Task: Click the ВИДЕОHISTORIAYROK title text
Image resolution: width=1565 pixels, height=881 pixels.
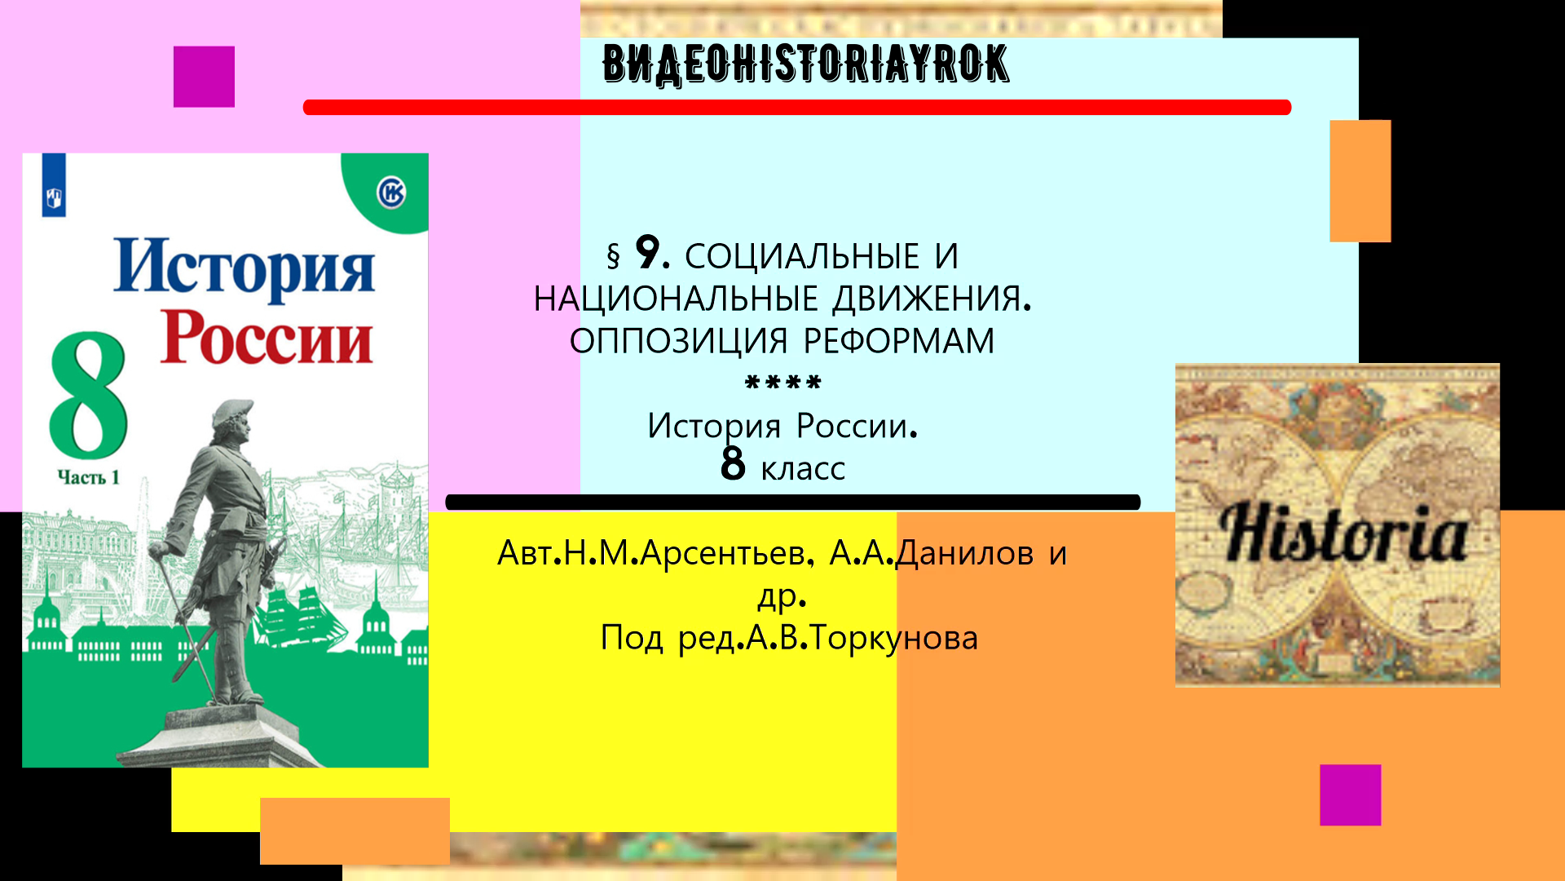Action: click(805, 64)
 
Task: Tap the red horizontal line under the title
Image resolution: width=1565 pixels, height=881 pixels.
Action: click(796, 108)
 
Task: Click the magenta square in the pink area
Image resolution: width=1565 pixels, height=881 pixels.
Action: click(204, 77)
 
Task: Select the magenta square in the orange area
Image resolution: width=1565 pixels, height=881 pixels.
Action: click(1350, 795)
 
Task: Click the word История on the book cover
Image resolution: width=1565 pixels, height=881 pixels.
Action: click(244, 268)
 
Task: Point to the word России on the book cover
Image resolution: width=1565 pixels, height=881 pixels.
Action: click(266, 338)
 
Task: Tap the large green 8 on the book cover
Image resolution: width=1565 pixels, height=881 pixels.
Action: click(88, 396)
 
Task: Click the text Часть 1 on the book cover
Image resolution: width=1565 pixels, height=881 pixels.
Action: click(88, 477)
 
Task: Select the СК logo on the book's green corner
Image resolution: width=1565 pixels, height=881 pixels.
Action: click(391, 193)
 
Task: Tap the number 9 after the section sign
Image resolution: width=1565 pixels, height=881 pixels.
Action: click(649, 253)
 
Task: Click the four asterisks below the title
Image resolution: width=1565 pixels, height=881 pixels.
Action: click(783, 383)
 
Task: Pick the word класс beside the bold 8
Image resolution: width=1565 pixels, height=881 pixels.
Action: click(803, 469)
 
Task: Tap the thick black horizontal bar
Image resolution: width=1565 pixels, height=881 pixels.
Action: click(792, 502)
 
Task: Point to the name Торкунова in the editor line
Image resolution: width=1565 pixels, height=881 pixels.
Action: click(894, 638)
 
